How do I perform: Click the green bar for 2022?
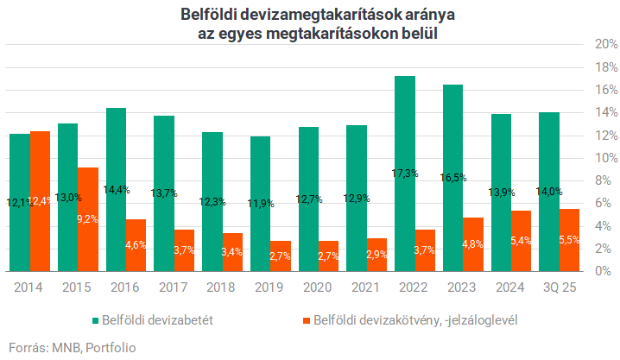click(404, 173)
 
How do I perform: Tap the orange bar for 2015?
click(87, 219)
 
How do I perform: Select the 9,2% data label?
click(87, 219)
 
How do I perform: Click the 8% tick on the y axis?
click(601, 180)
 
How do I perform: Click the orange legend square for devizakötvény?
click(306, 319)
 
